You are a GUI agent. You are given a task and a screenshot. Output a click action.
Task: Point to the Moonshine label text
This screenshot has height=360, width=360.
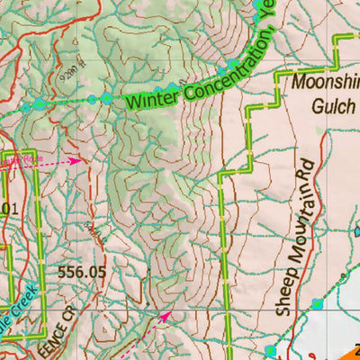pos(326,84)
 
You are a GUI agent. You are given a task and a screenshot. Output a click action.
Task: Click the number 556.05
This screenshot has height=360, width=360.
pos(81,270)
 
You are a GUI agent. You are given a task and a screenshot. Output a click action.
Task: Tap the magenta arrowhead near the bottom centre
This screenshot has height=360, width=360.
pos(166,316)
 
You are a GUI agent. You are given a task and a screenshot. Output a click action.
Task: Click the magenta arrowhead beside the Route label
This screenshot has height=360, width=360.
pos(75,161)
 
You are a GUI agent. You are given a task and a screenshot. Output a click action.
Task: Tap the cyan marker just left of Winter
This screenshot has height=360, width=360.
pos(107,98)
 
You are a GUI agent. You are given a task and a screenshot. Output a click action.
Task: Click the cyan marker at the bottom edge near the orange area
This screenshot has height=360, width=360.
pos(271,350)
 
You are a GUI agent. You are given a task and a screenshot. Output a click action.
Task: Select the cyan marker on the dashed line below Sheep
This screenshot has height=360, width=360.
pos(316,303)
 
